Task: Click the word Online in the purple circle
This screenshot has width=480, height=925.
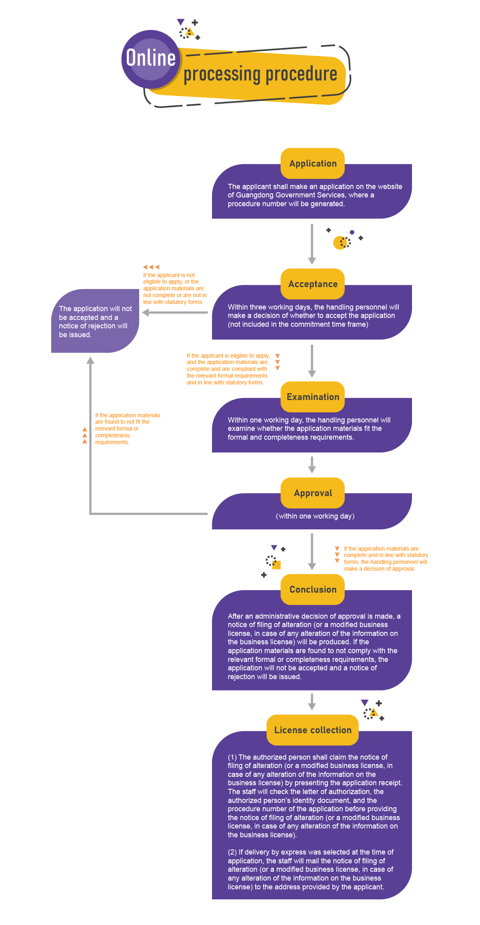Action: coord(151,58)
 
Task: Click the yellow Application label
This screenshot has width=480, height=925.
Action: coord(313,163)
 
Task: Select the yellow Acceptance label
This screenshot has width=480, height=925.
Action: coord(313,284)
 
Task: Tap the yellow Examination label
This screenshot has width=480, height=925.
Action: coord(313,397)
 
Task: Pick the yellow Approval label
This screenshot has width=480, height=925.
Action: coord(313,493)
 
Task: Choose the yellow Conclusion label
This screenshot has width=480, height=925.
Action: coord(313,589)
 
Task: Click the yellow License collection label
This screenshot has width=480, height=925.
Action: coord(313,730)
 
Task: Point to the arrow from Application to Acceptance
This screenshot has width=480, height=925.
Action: coord(312,244)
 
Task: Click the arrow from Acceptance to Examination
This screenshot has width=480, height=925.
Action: coord(312,361)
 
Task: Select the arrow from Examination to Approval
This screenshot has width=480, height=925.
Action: coord(312,465)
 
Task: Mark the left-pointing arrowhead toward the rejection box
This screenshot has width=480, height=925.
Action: coord(146,313)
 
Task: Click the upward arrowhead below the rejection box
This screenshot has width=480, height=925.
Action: coord(91,361)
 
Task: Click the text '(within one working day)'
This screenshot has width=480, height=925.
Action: coord(315,516)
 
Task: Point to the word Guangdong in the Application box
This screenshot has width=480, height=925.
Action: coord(255,195)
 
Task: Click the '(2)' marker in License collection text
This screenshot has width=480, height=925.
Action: coord(232,852)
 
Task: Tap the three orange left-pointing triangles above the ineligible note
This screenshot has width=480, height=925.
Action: coord(151,267)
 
